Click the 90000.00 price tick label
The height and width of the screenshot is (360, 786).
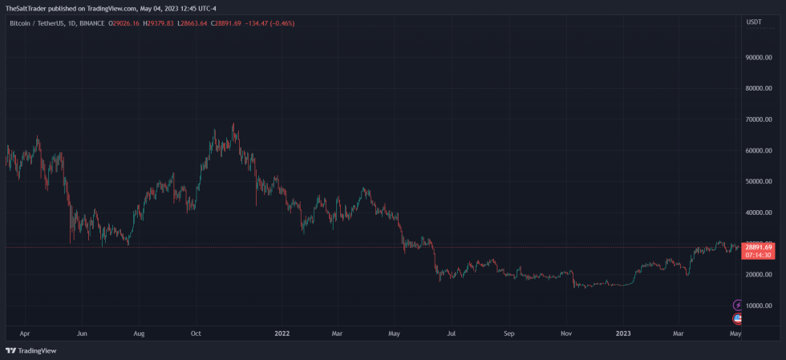click(x=758, y=57)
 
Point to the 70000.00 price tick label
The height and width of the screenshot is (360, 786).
click(x=758, y=119)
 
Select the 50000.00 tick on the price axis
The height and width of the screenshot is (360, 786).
click(x=758, y=181)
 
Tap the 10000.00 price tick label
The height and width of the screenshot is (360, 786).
click(x=758, y=305)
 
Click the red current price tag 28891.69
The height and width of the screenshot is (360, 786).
click(x=758, y=247)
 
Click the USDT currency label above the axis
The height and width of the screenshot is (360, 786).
click(x=754, y=22)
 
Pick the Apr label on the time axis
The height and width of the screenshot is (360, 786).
click(x=25, y=331)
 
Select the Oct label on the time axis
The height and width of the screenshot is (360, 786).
click(x=196, y=331)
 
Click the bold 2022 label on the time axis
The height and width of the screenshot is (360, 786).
click(x=282, y=331)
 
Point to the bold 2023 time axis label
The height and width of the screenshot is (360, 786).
click(x=622, y=331)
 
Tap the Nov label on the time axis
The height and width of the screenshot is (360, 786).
click(x=565, y=331)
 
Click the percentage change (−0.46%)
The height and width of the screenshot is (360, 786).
click(x=281, y=23)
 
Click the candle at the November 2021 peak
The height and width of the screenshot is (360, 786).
click(x=233, y=127)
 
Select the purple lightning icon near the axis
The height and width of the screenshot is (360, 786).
click(x=739, y=305)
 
